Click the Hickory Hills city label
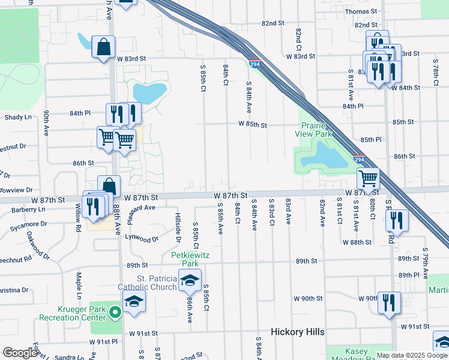tap(297, 332)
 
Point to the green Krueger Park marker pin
tap(115, 312)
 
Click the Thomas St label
tap(360, 11)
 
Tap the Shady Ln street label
tap(13, 118)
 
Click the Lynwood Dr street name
tap(141, 238)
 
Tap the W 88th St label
tap(358, 242)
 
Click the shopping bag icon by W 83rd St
tap(104, 47)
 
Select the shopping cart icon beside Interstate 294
tap(368, 178)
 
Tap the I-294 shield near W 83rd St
tap(255, 63)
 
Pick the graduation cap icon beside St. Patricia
tap(190, 280)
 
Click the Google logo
tap(20, 353)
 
